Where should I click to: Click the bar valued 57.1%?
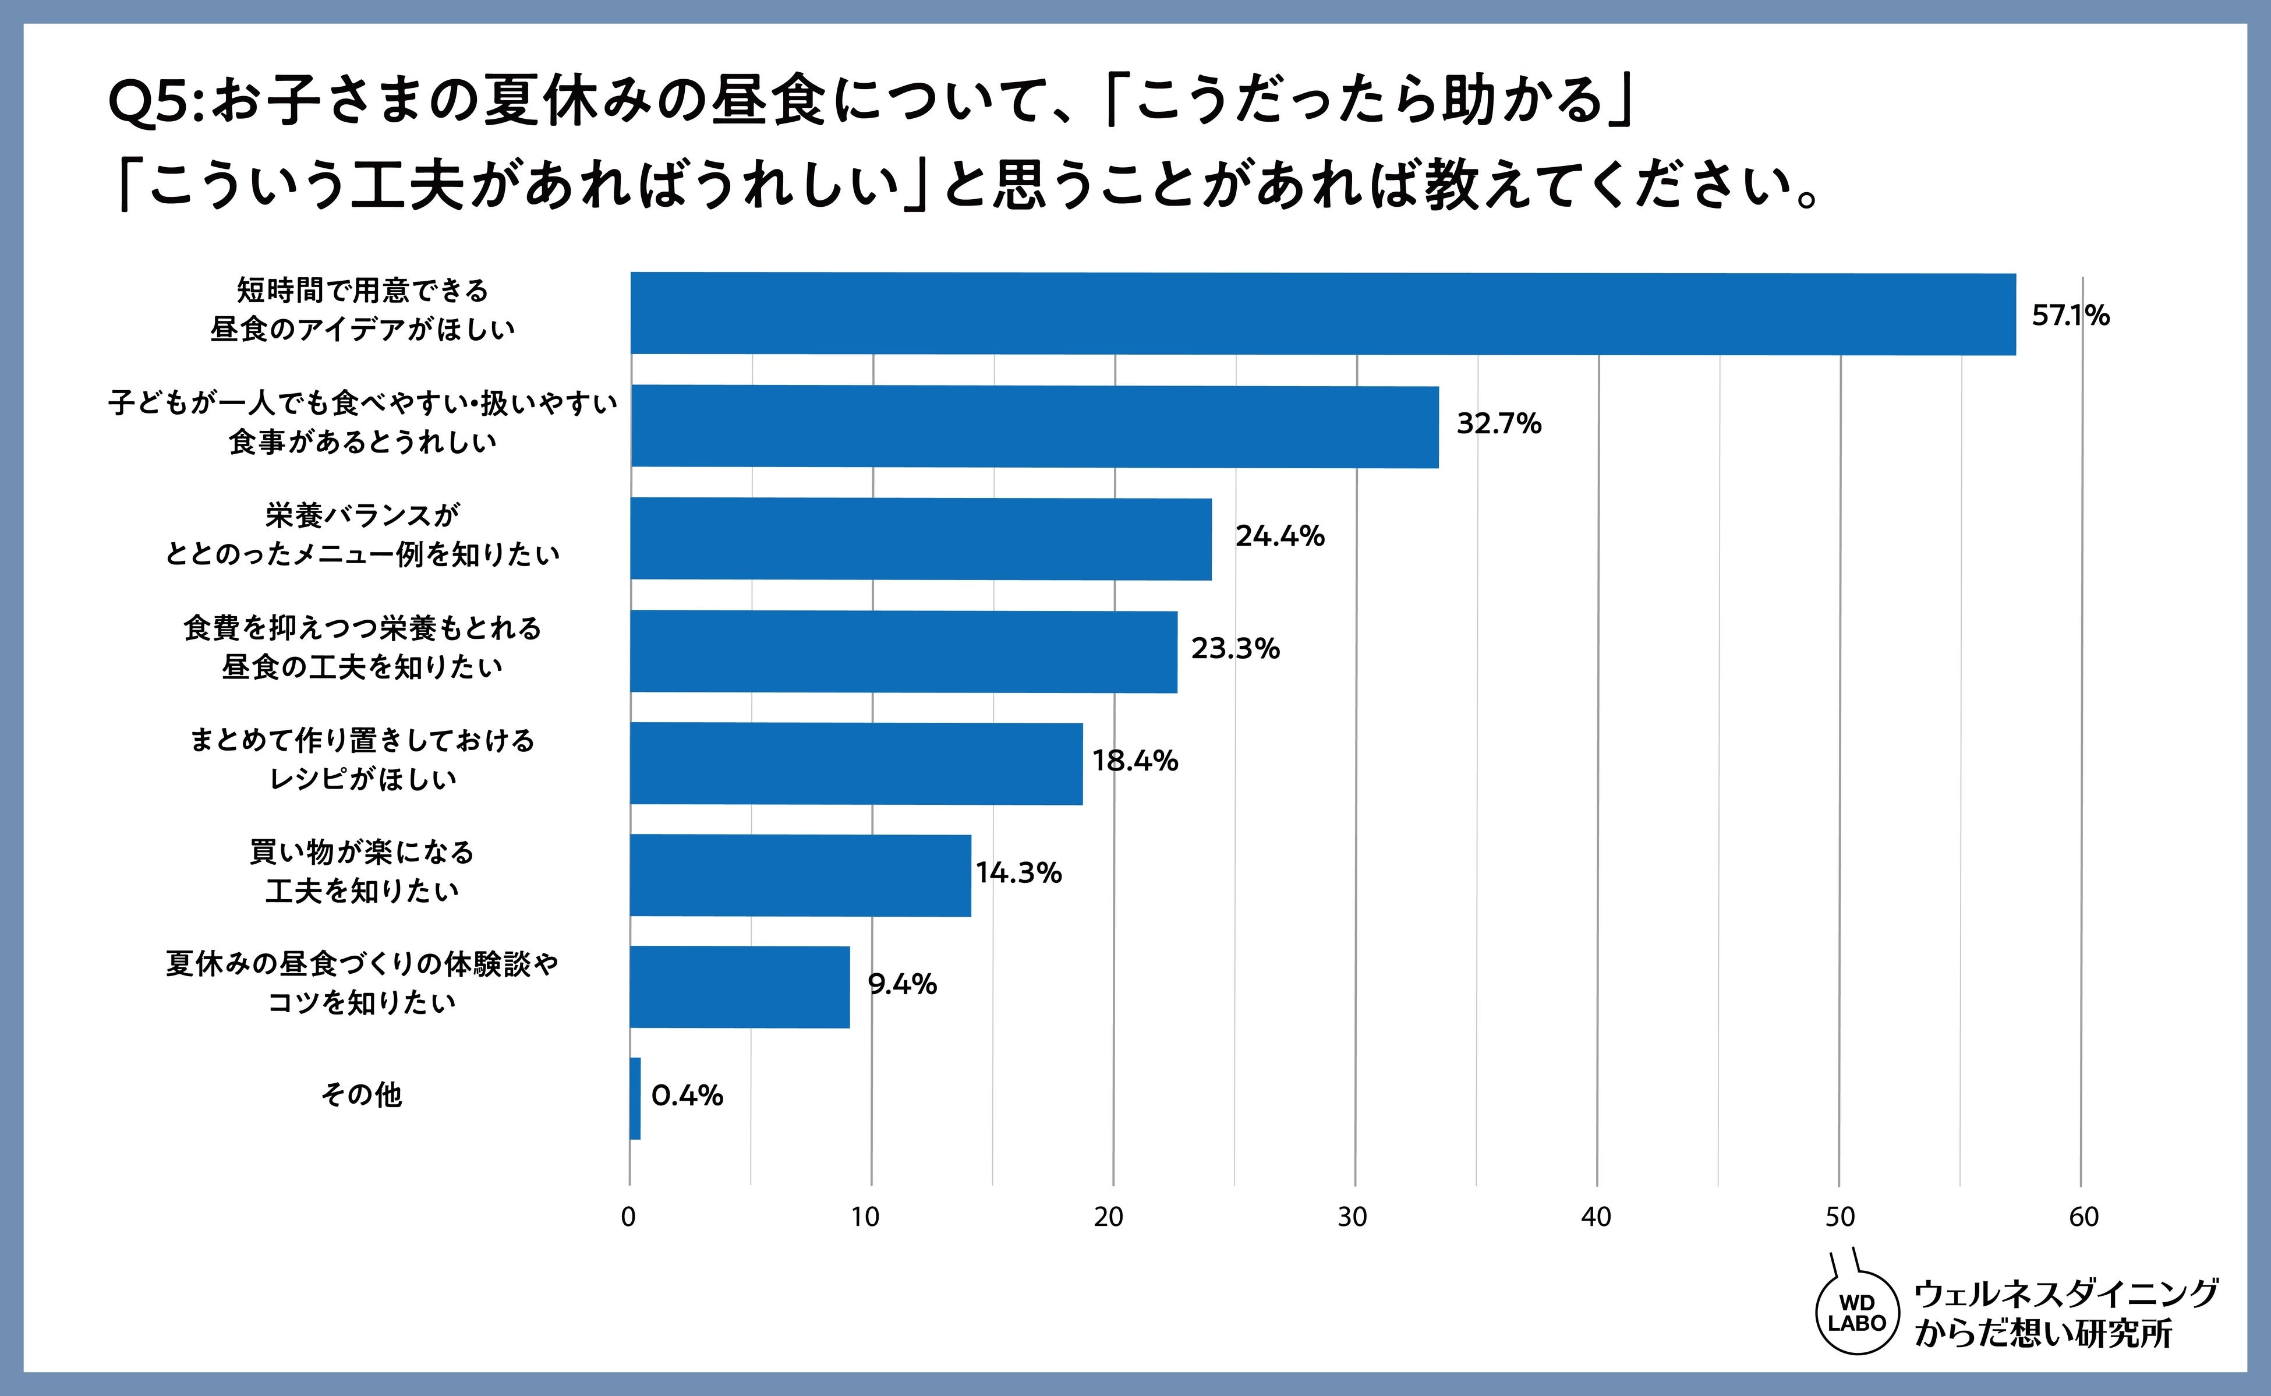pos(1323,314)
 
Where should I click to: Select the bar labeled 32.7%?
pos(1034,426)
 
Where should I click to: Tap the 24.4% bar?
pos(921,539)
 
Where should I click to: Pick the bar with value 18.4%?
pos(856,764)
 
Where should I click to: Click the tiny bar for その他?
pos(635,1099)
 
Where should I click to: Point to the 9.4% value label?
pos(902,984)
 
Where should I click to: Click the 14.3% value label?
pos(1018,872)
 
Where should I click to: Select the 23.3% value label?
pos(1235,648)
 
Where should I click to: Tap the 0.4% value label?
pos(687,1096)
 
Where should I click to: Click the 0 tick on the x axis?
pos(629,1217)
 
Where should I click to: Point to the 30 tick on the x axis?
pos(1353,1217)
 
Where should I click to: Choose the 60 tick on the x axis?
pos(2083,1217)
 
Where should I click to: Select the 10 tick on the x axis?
pos(865,1217)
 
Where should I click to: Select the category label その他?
pos(362,1095)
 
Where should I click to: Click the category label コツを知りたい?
pos(362,1003)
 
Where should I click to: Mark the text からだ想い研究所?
pos(2043,1333)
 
